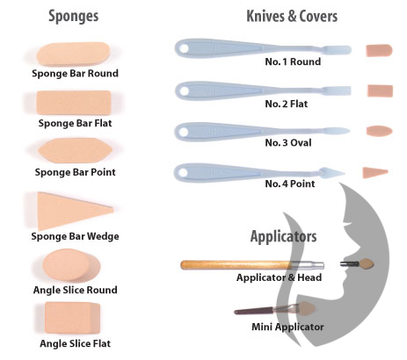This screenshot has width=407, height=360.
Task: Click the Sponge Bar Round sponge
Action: point(73,54)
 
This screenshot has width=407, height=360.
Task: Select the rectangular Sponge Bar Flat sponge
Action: point(74,103)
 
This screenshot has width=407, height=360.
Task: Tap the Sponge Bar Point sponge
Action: point(75,150)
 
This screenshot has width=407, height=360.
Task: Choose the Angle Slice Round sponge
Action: point(71,266)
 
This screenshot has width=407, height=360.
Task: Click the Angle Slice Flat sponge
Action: point(72,318)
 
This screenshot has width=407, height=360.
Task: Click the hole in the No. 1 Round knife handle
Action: point(184,48)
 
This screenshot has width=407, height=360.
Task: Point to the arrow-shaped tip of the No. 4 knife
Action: point(332,173)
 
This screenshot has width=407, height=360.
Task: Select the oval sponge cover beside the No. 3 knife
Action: point(379,131)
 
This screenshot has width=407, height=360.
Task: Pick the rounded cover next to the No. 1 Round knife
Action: point(379,50)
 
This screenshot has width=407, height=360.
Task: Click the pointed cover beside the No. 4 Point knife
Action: point(375,172)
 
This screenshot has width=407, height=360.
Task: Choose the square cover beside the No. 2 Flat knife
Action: point(380,90)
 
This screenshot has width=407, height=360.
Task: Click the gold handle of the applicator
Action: point(236,265)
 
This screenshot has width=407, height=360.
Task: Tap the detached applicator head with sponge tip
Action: point(357,264)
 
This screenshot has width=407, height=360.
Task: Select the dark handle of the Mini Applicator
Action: point(254,311)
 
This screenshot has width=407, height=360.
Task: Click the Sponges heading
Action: point(74,16)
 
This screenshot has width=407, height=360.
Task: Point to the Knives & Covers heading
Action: point(292,16)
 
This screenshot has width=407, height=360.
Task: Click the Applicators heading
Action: point(283,236)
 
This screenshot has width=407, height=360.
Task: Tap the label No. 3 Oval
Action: point(288,143)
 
